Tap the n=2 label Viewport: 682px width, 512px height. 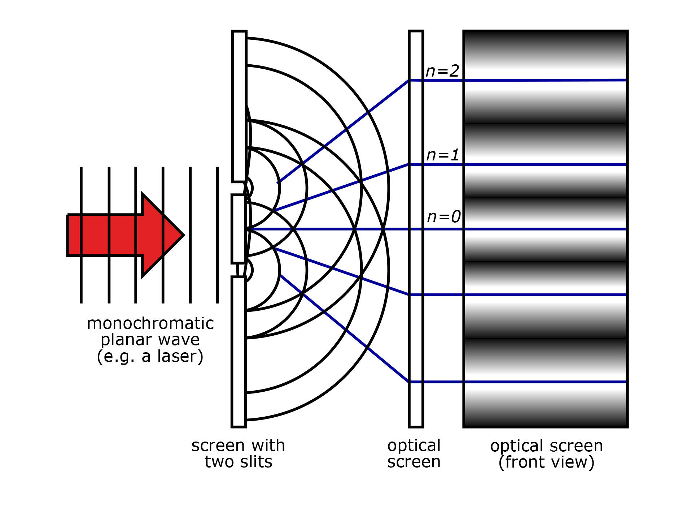coord(442,71)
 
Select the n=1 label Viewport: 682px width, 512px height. coord(442,155)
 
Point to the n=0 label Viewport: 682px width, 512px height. coord(443,217)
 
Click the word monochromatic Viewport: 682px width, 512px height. coord(150,323)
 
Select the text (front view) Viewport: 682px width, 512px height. coord(546,462)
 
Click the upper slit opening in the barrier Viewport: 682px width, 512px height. coord(239,188)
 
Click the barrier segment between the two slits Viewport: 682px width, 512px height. coord(239,229)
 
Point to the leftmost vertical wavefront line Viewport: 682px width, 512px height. coord(81,235)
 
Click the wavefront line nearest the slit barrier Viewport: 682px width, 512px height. coord(218,235)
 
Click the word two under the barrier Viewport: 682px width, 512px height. coord(218,462)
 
